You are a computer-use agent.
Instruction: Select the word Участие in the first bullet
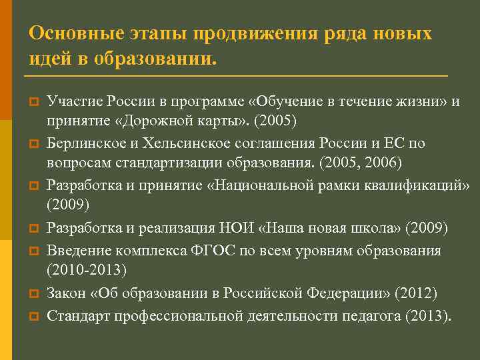click(70, 101)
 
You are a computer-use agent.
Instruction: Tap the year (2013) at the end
click(427, 314)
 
